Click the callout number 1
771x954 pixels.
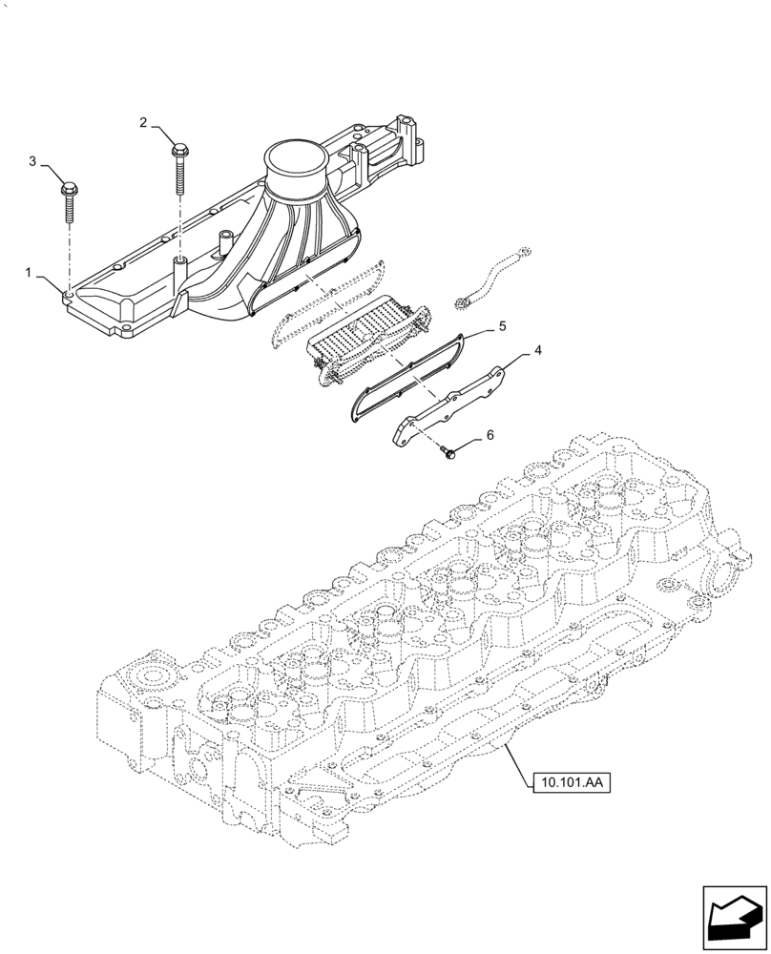pos(31,273)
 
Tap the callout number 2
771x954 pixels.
pos(144,122)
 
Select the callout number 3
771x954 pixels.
pos(32,162)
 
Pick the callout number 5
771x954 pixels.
pos(501,326)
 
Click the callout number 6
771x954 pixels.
pos(490,435)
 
